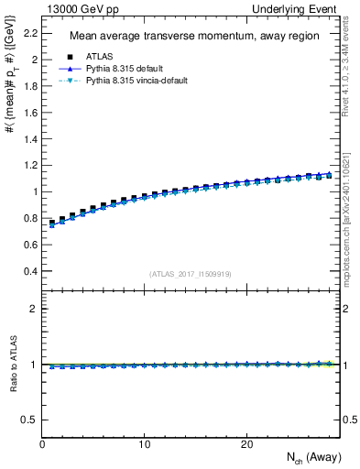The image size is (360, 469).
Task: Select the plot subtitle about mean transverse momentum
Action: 194,37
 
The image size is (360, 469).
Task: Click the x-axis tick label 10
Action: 145,443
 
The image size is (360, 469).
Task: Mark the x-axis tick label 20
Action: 246,443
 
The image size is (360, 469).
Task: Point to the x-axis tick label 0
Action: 43,443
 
